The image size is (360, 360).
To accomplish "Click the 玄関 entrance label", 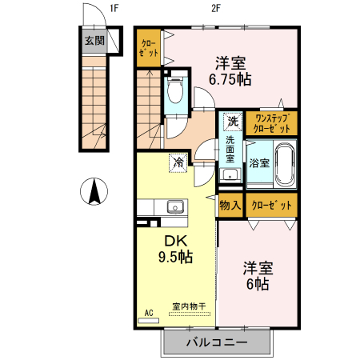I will coord(94,41).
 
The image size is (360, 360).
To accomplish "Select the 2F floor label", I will coord(215,9).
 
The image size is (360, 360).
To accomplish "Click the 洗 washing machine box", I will coord(232,122).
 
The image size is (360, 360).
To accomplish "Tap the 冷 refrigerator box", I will coord(177,162).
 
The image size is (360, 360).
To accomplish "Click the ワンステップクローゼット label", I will coord(272,122).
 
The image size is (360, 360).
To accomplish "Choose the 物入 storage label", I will coord(230,205).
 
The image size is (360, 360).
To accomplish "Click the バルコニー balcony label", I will coord(217,343).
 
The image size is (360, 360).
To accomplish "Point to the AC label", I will coord(148,311).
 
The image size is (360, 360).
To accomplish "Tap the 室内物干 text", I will coord(189,306).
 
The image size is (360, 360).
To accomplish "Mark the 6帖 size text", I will coord(256,283).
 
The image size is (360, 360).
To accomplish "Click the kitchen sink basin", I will coord(175,207).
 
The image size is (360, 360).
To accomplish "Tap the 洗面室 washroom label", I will coord(230,150).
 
